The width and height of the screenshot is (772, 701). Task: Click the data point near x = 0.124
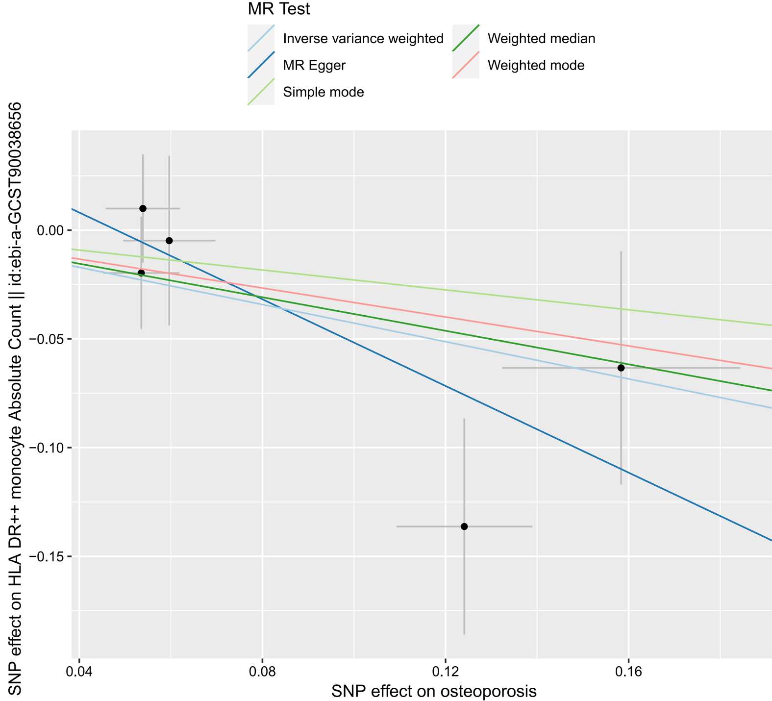point(464,526)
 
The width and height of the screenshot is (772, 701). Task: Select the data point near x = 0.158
point(621,368)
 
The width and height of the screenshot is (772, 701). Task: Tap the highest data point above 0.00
point(143,208)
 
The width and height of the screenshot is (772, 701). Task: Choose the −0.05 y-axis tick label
point(49,339)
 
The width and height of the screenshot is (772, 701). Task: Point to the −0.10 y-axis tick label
point(49,448)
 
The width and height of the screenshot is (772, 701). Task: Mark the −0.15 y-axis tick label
point(49,556)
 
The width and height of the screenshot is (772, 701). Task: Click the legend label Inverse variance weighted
point(363,39)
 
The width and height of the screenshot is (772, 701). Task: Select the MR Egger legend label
point(314,65)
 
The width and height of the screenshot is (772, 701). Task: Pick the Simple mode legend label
point(324,92)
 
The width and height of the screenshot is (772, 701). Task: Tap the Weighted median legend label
point(541,39)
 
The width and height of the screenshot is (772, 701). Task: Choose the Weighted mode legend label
point(536,65)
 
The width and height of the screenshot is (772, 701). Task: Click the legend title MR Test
point(278,9)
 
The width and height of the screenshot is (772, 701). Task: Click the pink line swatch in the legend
point(465,65)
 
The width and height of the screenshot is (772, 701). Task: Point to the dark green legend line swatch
point(465,38)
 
